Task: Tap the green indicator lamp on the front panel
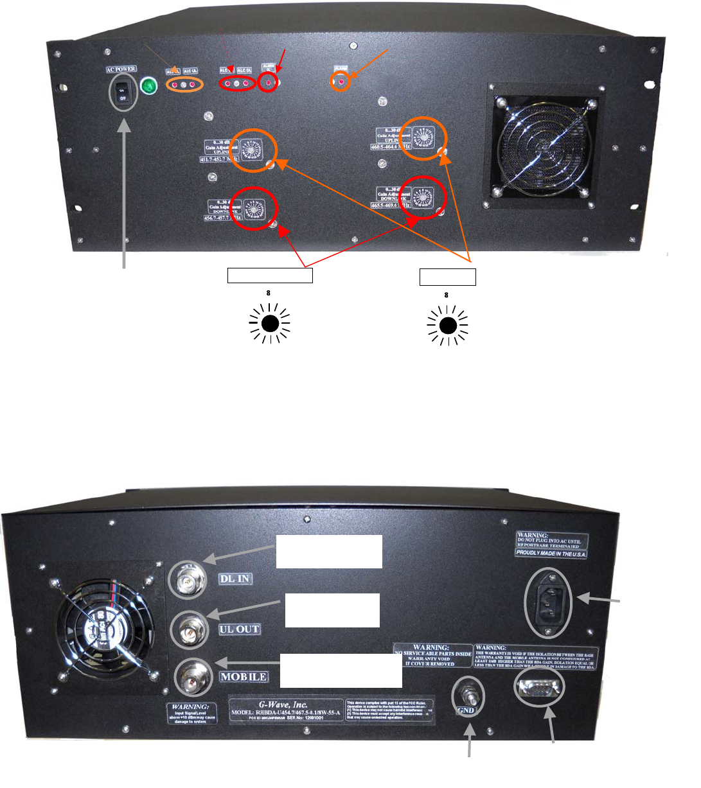[x=149, y=85]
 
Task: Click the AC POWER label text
[x=121, y=69]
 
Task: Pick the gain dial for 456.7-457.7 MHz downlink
[x=254, y=209]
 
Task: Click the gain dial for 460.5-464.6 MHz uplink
[x=423, y=138]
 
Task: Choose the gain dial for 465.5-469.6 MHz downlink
[x=421, y=197]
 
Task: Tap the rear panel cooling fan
[x=105, y=626]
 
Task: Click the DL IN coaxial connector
[x=188, y=581]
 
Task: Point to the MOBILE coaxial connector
[x=193, y=678]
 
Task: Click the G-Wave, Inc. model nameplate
[x=287, y=711]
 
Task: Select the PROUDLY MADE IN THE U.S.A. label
[x=551, y=553]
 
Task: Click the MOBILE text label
[x=243, y=677]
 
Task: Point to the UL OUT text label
[x=239, y=629]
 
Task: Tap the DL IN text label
[x=235, y=579]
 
